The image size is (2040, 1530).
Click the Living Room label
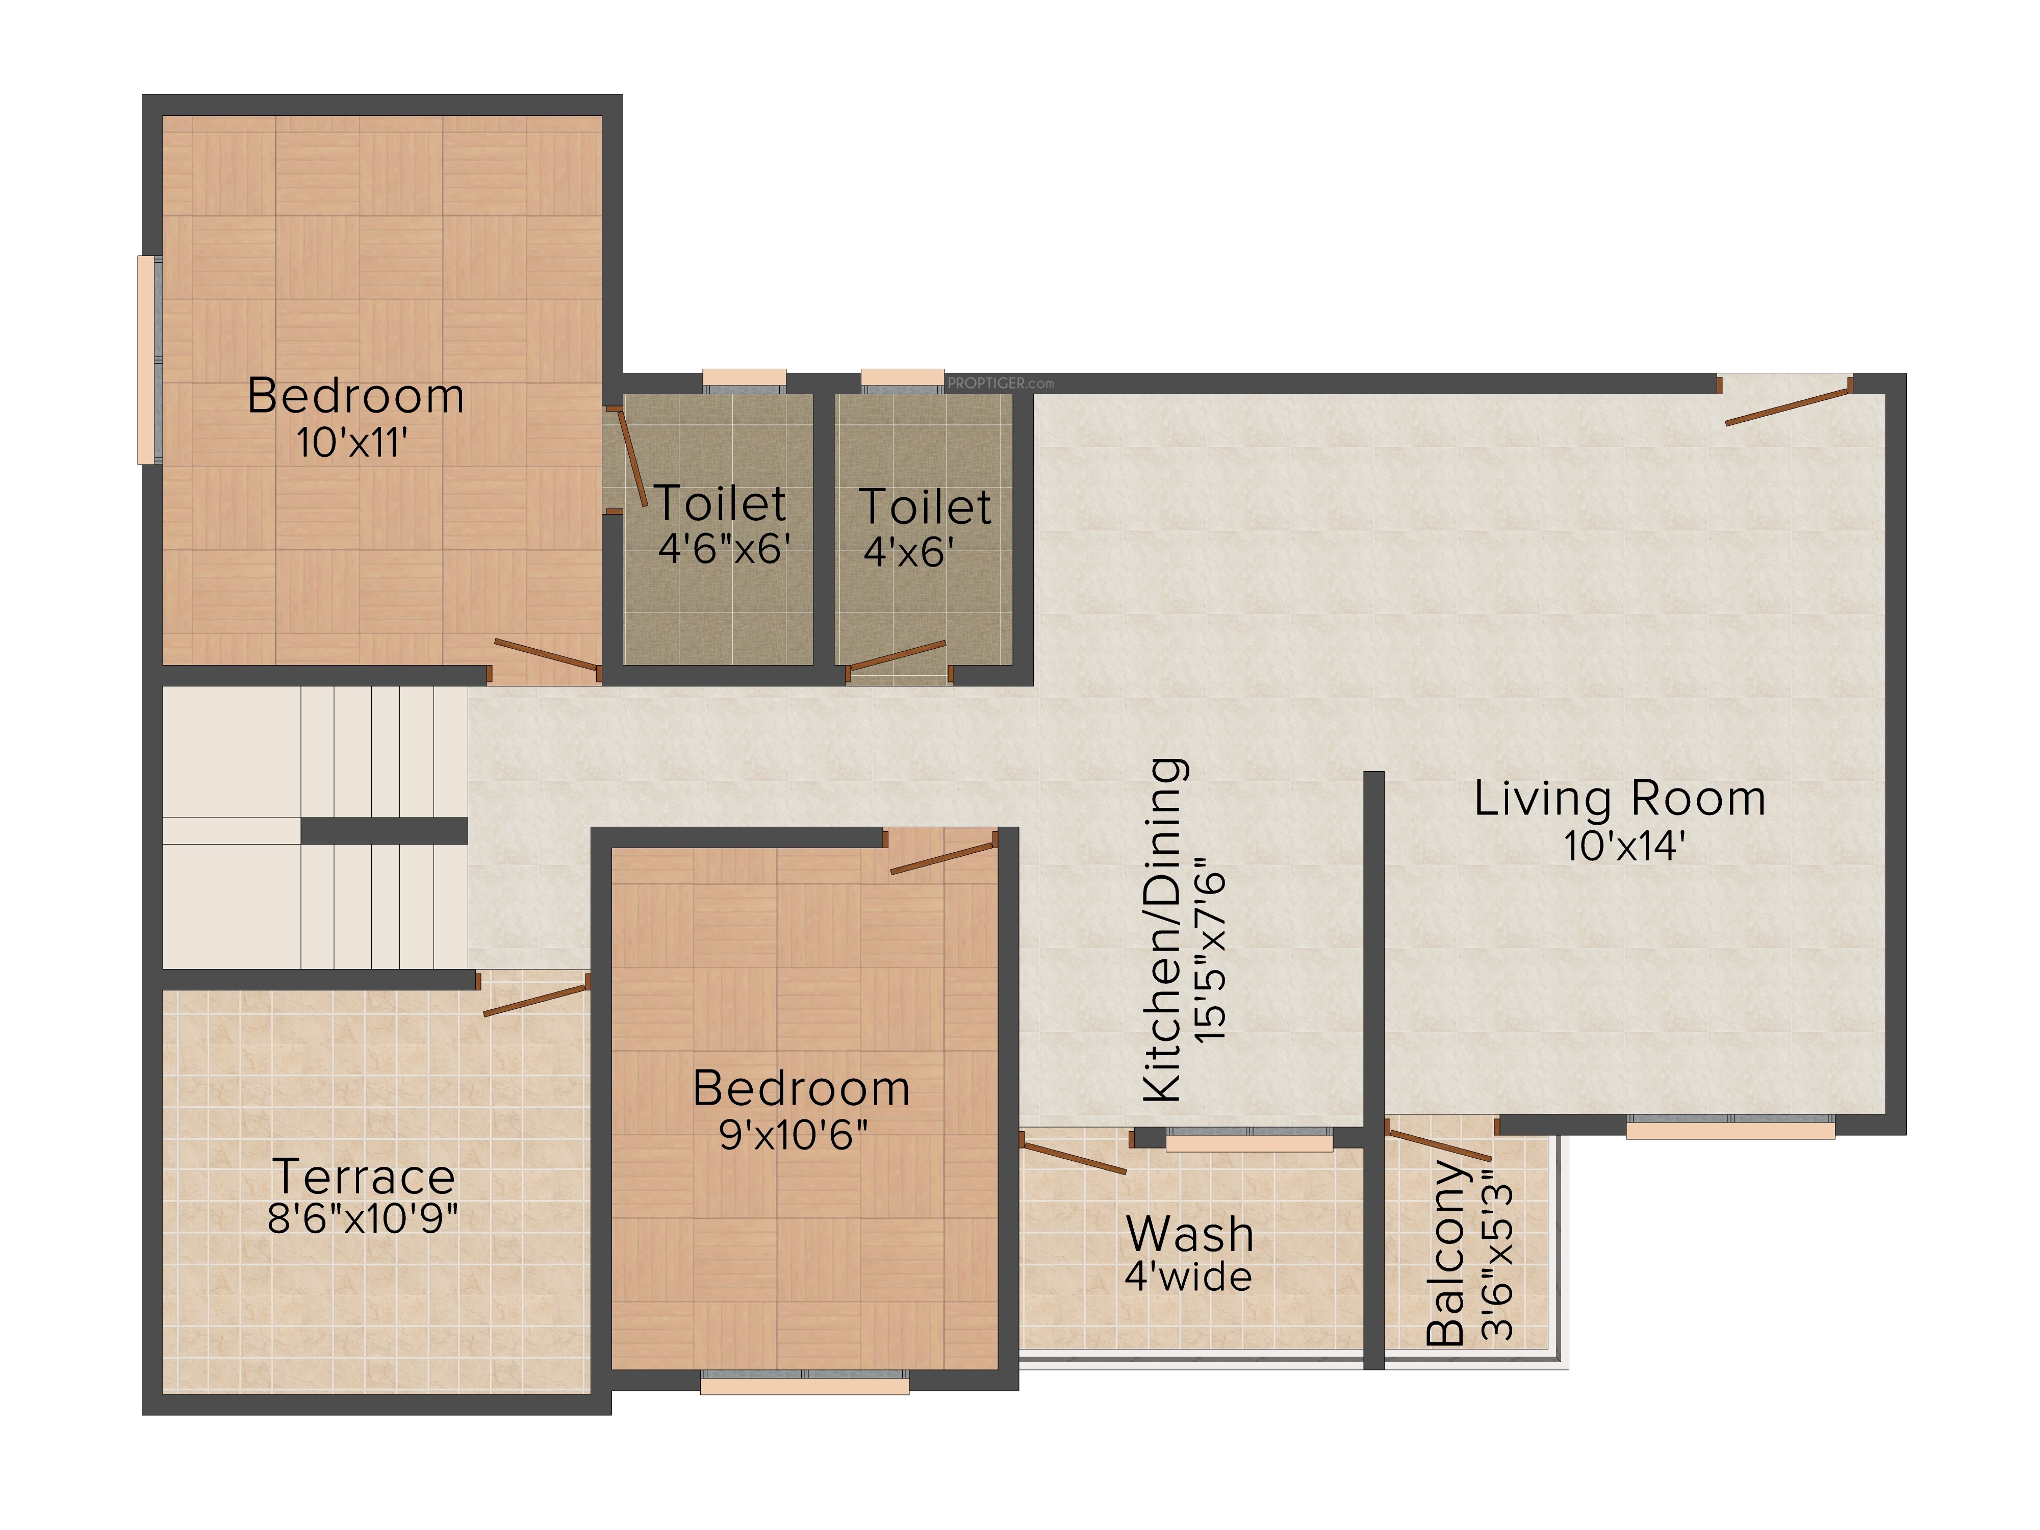[1619, 799]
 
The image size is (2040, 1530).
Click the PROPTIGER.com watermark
[1001, 382]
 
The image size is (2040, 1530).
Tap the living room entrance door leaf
[1788, 406]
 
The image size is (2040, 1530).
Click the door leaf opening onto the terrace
[536, 1000]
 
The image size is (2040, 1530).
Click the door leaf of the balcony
[1439, 1143]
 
